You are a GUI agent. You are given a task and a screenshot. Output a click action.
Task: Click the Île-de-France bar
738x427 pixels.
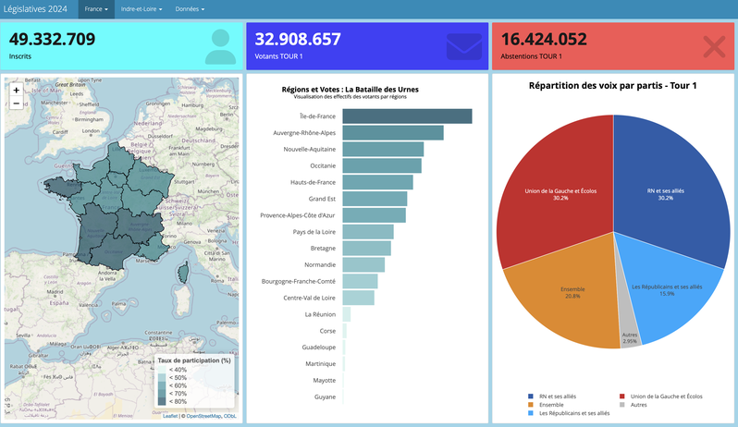point(407,116)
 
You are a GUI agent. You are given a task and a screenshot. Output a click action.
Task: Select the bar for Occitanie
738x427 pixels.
point(382,165)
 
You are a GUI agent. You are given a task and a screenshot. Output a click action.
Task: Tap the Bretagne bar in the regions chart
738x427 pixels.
point(366,249)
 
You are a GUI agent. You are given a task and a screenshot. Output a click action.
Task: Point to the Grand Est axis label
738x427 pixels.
point(322,199)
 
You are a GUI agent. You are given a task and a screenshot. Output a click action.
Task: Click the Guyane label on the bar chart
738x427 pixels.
point(324,397)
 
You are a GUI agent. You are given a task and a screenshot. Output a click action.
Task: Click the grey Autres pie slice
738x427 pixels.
point(628,336)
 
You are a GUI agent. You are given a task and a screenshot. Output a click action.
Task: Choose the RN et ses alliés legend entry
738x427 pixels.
point(560,396)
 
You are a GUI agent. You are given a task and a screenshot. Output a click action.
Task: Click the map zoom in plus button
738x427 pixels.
point(16,91)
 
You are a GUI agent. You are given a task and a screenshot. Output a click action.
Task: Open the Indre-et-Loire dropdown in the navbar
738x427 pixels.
point(141,8)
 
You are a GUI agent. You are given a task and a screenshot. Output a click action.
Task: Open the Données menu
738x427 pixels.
point(190,8)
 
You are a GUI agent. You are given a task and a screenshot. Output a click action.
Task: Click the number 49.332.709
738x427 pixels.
point(53,39)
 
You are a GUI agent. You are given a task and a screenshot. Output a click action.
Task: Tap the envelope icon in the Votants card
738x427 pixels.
point(463,46)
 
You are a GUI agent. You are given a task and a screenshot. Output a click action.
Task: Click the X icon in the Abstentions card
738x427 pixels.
point(714,47)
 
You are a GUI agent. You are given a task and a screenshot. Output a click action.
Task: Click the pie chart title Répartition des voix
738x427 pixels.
point(612,86)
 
